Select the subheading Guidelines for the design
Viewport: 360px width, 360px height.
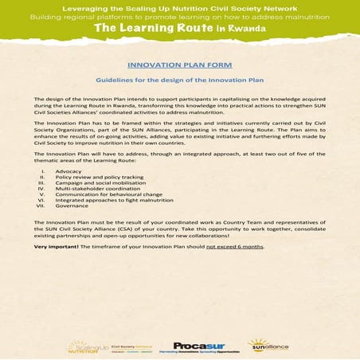(x=178, y=80)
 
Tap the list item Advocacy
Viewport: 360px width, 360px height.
(x=66, y=171)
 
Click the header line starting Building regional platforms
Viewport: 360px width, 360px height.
(x=180, y=15)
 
